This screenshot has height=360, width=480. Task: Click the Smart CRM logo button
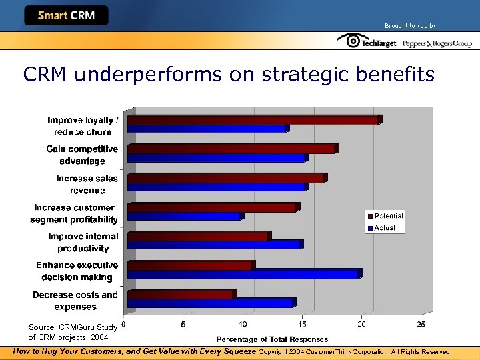[x=66, y=15]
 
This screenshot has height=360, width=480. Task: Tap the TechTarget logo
[x=367, y=42]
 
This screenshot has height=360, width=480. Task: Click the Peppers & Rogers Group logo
[x=437, y=43]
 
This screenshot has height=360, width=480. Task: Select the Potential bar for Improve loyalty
[x=253, y=120]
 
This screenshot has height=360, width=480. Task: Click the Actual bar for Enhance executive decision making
[x=244, y=273]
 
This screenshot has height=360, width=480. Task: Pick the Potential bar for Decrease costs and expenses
[x=181, y=294]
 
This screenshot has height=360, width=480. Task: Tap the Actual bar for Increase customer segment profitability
[x=185, y=216]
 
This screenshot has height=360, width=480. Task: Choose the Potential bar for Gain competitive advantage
[x=232, y=149]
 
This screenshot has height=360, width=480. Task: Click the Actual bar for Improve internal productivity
[x=215, y=245]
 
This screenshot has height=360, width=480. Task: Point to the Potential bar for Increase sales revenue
[x=226, y=178]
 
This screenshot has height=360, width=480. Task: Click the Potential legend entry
[x=385, y=216]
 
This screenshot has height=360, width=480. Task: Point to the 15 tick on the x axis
[x=303, y=325]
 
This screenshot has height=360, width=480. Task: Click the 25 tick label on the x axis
[x=421, y=325]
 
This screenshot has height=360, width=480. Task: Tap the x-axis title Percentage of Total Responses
[x=272, y=339]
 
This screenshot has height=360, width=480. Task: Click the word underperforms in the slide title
[x=149, y=75]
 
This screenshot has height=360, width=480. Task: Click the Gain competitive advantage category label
[x=82, y=155]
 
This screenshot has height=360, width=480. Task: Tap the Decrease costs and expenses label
[x=75, y=301]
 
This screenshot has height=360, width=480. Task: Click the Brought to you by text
[x=410, y=26]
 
